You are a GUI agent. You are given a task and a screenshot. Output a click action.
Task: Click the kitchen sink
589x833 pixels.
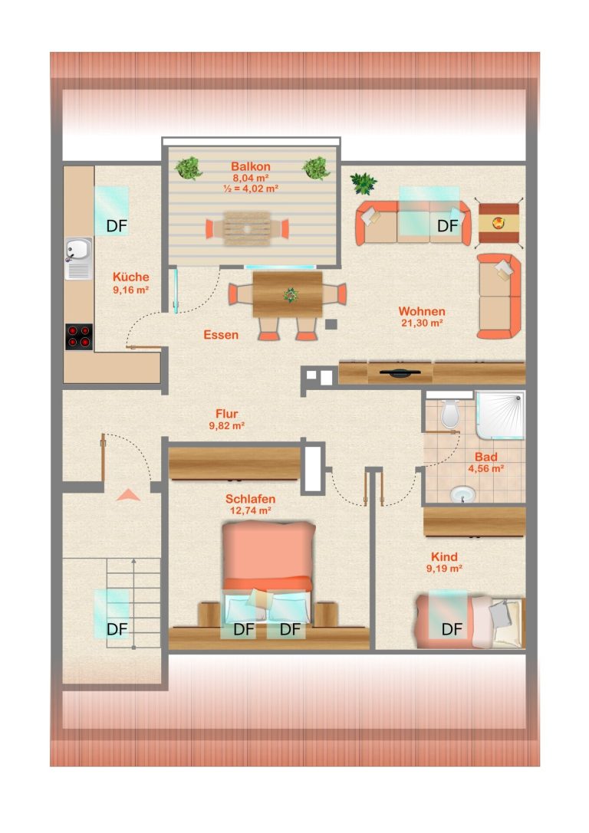(x=79, y=258)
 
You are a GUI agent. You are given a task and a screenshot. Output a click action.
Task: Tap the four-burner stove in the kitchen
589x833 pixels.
(x=79, y=337)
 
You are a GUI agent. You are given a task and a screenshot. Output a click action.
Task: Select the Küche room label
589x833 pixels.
(x=131, y=277)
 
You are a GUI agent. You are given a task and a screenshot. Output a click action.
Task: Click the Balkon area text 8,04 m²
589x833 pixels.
(x=250, y=178)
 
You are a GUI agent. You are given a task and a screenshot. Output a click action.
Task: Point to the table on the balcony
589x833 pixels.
(x=247, y=229)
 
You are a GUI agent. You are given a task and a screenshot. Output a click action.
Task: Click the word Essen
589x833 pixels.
(x=221, y=335)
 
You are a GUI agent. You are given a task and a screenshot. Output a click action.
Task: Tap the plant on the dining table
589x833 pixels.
(x=290, y=295)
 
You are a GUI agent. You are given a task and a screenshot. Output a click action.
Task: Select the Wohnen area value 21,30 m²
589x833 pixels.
(x=422, y=323)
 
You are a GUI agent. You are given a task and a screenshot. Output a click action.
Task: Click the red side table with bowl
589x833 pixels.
(x=499, y=223)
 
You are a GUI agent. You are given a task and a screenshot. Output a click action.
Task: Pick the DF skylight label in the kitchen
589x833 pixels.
(x=117, y=226)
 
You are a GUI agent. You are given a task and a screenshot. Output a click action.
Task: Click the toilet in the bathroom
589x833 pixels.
(x=449, y=413)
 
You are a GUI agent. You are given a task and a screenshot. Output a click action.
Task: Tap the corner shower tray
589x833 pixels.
(x=500, y=415)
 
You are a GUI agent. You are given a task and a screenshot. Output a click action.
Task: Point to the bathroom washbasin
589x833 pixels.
(x=463, y=495)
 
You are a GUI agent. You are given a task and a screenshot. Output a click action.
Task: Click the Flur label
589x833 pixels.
(x=226, y=413)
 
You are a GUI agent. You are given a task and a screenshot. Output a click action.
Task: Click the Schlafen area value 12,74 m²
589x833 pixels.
(x=250, y=510)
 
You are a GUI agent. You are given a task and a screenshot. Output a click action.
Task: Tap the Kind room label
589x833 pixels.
(x=444, y=557)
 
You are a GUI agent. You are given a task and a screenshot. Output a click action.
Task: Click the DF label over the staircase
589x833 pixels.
(x=117, y=629)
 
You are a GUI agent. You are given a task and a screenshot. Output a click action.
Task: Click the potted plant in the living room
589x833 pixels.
(x=364, y=183)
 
